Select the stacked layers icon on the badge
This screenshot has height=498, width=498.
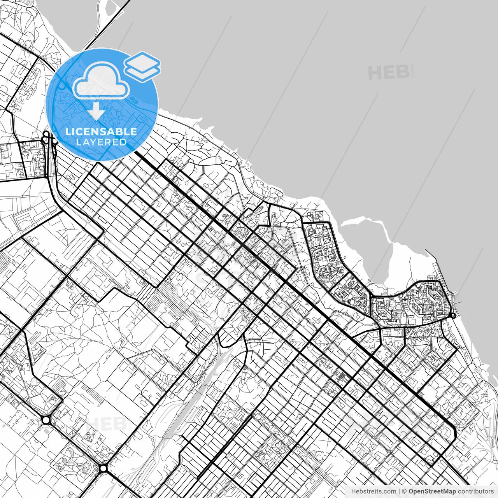click(x=142, y=66)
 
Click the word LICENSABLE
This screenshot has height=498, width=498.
click(x=101, y=132)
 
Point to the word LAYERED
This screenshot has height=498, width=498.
click(x=101, y=142)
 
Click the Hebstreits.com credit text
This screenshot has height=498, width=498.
click(x=374, y=491)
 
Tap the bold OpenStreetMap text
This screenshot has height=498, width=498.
click(x=432, y=491)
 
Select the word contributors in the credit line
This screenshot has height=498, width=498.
click(x=475, y=491)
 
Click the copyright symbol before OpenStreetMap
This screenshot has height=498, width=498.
click(x=404, y=491)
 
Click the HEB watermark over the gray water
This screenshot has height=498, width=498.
click(x=389, y=73)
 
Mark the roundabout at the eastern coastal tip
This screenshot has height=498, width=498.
click(x=453, y=316)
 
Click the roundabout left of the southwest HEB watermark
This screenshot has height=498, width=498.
click(x=46, y=420)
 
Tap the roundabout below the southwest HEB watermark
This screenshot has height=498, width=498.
click(x=103, y=468)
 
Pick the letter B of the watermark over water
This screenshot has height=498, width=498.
click(x=403, y=73)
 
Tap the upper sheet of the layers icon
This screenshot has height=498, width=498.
click(x=142, y=60)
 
